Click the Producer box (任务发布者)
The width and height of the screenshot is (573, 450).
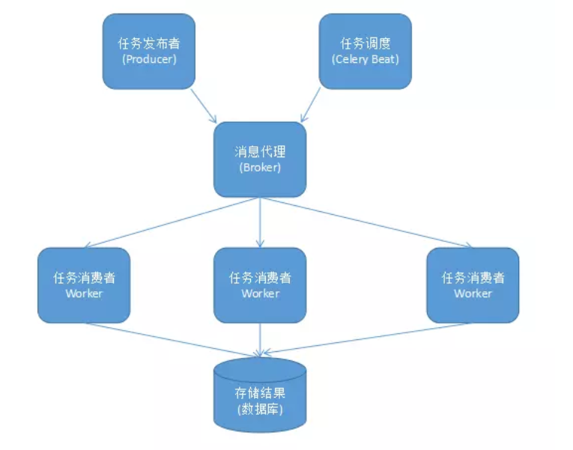(x=148, y=51)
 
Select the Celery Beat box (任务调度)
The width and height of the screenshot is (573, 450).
(x=365, y=51)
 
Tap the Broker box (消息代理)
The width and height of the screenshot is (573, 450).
(x=260, y=159)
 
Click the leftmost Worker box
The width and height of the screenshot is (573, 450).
(x=84, y=285)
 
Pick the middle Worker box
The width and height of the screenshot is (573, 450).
(x=260, y=285)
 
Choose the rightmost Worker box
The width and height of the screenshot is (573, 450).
(x=473, y=285)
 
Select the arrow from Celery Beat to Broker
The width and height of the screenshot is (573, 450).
(x=311, y=105)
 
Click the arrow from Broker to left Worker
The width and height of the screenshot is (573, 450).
(x=172, y=222)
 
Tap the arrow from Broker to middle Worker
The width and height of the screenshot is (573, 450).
(x=260, y=222)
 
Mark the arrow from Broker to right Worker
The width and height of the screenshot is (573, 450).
(x=367, y=222)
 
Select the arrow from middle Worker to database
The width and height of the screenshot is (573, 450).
(x=260, y=338)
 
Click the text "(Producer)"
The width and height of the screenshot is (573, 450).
(x=148, y=59)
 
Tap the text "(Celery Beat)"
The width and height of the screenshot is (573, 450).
(x=365, y=59)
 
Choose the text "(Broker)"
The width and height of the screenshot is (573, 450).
(x=260, y=168)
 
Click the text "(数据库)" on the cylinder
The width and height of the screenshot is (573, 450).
(x=260, y=409)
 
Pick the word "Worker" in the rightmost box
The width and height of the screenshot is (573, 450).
(x=473, y=294)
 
